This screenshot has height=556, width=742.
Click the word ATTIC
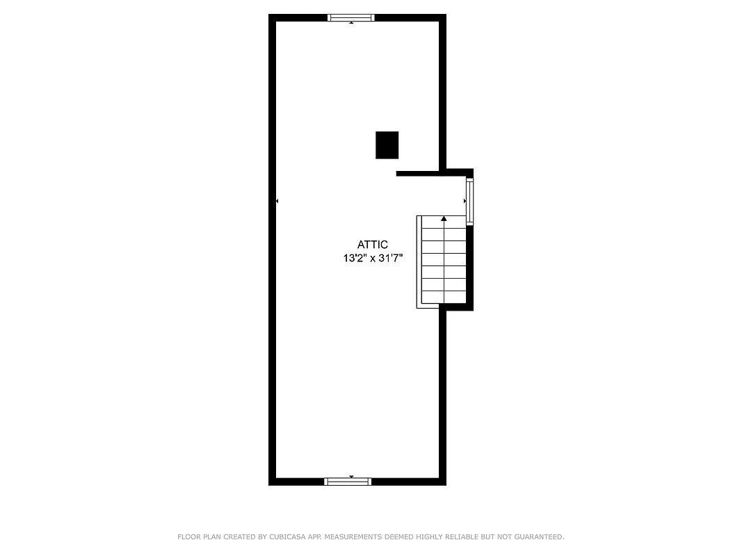coord(372,245)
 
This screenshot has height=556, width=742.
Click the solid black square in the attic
coord(387,145)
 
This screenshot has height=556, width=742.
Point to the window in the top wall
coord(351,18)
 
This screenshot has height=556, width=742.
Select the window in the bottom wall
coord(348,481)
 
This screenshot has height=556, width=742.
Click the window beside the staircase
coord(469,202)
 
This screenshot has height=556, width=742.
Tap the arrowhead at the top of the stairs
coord(444,218)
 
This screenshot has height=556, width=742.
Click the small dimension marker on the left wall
coord(277,201)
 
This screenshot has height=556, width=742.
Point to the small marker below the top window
coord(351,24)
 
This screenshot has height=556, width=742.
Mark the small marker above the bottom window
coord(351,476)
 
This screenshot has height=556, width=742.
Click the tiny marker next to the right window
coord(465,201)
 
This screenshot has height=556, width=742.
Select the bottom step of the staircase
coord(444,297)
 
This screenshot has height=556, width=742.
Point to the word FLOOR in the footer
coord(190,537)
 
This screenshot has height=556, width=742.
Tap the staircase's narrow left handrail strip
coord(419,261)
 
